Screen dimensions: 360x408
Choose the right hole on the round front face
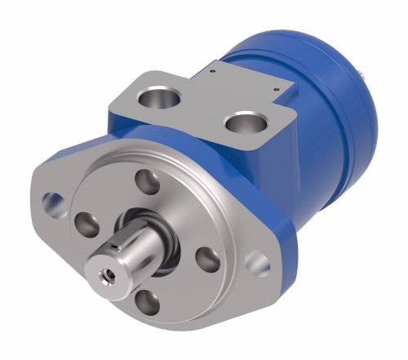pyautogui.click(x=208, y=260)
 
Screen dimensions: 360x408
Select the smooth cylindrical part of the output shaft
pyautogui.click(x=131, y=249)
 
